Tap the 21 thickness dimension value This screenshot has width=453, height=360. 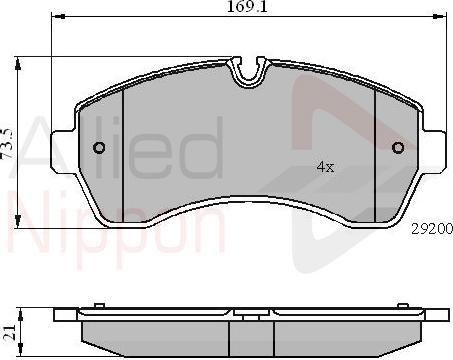pos(9,329)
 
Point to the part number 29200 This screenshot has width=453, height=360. pos(430,228)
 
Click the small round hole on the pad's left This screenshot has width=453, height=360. pos(98,150)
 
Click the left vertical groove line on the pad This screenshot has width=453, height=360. pos(122,150)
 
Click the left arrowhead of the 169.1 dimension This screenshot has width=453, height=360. pos(56,17)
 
